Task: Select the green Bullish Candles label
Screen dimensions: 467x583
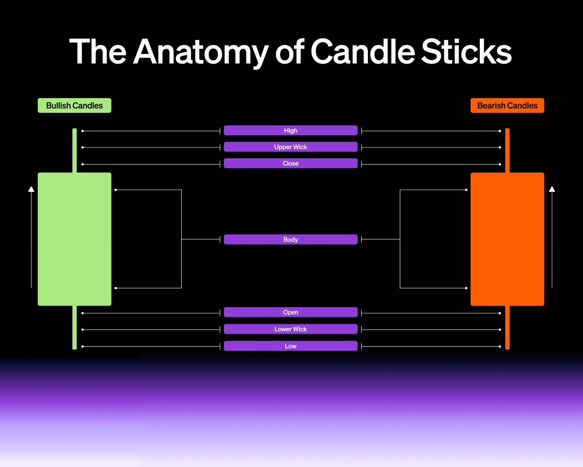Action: pos(75,105)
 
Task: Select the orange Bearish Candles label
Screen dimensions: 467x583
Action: pos(507,105)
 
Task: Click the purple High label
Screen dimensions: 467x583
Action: pos(291,130)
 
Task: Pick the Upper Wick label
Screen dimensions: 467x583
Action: pos(291,147)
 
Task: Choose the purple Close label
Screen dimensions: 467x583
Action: pos(291,163)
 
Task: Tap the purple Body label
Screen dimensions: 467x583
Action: pos(291,239)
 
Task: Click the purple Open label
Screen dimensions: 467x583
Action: pos(291,312)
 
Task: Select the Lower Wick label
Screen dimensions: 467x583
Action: pos(291,329)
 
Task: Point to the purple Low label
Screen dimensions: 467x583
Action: pos(291,346)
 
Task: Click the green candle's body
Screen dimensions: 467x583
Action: pos(75,239)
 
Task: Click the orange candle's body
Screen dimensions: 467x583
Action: pos(507,239)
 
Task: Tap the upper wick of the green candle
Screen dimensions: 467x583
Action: pos(75,150)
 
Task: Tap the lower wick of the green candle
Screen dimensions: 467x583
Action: pos(75,327)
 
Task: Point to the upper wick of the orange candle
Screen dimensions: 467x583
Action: pos(507,150)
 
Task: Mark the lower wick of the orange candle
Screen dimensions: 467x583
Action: pos(507,327)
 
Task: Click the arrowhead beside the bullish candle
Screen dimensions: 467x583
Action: pos(31,189)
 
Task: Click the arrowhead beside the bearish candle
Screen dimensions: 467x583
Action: pos(552,189)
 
